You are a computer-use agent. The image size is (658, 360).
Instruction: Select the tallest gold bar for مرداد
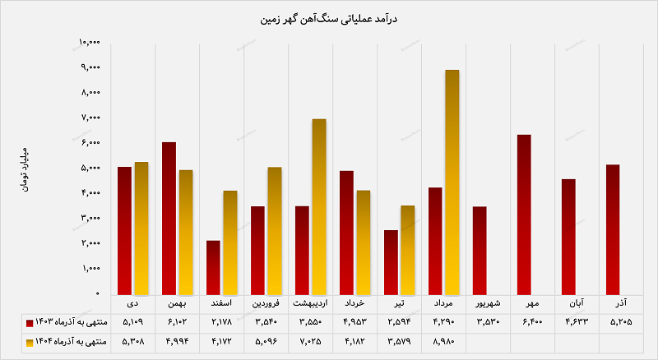pos(452,182)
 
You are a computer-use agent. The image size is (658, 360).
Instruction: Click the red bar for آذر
pos(613,229)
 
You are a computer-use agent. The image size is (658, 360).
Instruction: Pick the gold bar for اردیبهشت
pos(318,206)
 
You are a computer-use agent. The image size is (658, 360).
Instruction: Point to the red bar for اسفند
pos(213,267)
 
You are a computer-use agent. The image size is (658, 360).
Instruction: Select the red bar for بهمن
pos(169,218)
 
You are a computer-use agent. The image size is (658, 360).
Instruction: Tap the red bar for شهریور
pos(480,250)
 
